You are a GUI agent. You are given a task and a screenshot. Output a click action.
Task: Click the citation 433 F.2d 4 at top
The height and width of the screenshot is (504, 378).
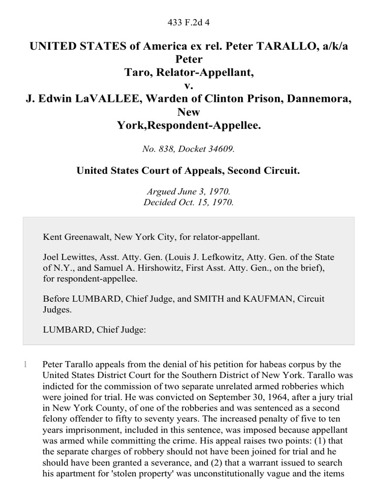(189, 22)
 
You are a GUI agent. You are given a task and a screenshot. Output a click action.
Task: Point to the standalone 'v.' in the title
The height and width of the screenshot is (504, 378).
(189, 86)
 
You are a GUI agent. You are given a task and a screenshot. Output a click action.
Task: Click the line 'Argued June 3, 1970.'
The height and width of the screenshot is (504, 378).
(189, 192)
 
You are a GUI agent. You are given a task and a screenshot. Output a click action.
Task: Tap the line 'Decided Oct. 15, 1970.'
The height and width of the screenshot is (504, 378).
(189, 202)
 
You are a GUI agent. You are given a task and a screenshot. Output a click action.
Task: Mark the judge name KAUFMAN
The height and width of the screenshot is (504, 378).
(262, 299)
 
